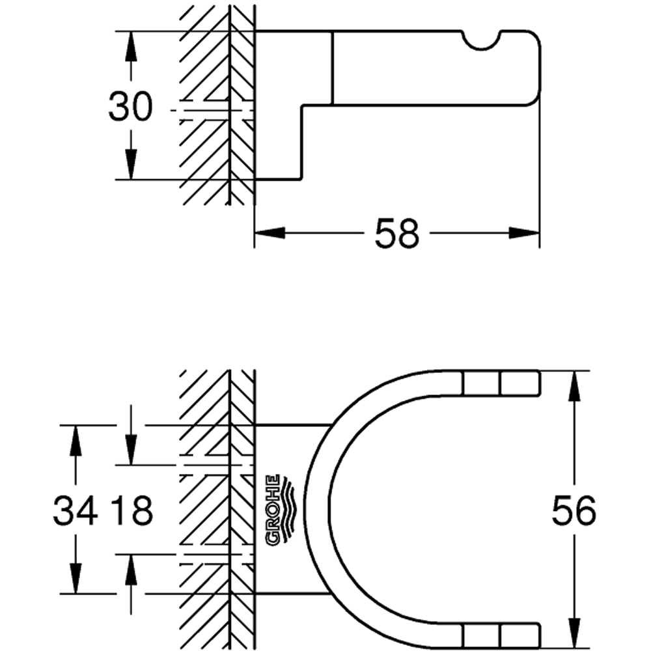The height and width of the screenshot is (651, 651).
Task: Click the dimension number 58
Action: (x=396, y=233)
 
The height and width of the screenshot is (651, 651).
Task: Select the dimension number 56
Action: (x=574, y=511)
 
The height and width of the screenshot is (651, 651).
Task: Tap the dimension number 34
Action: (x=76, y=511)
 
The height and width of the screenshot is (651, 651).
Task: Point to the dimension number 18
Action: (x=132, y=511)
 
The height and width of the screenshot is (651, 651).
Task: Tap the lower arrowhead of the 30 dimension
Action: (x=131, y=164)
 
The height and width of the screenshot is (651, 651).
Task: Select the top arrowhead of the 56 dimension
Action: (x=574, y=387)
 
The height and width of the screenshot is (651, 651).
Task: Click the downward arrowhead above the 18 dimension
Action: (x=131, y=450)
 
